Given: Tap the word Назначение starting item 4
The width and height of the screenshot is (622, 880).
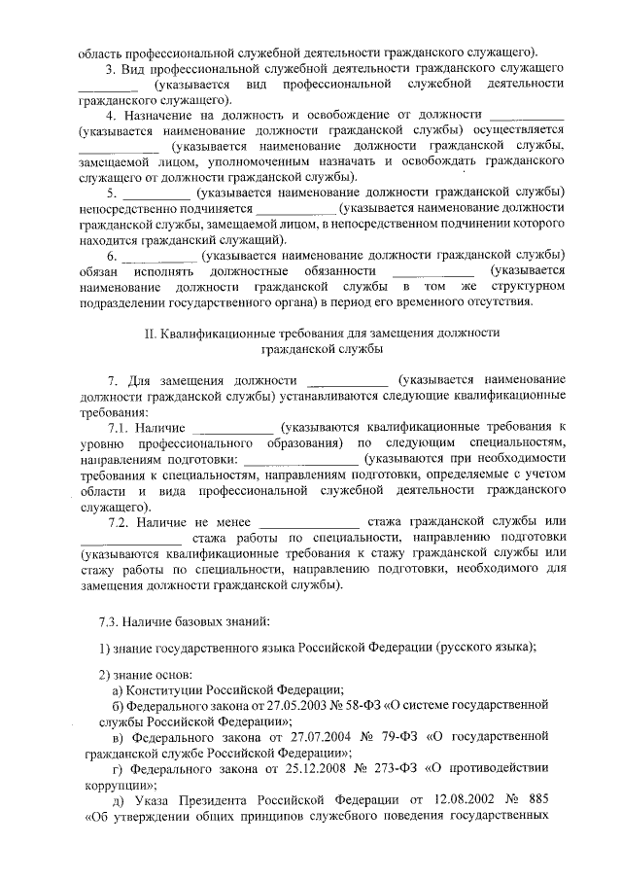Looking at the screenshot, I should tap(162, 115).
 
